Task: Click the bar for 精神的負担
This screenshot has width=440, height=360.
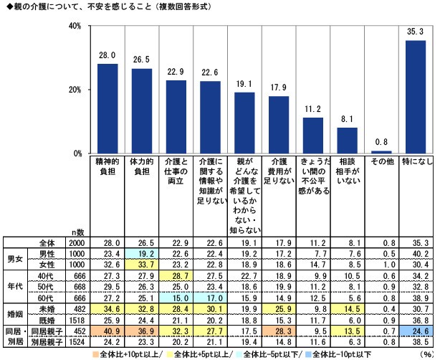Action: (107, 108)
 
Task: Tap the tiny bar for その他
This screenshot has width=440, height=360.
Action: (382, 152)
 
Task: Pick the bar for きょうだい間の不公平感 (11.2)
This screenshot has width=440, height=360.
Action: (313, 136)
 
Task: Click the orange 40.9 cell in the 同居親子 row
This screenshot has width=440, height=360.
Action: (107, 331)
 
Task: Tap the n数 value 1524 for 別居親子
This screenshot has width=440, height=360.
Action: (76, 342)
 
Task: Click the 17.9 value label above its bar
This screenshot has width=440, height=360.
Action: (279, 88)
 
